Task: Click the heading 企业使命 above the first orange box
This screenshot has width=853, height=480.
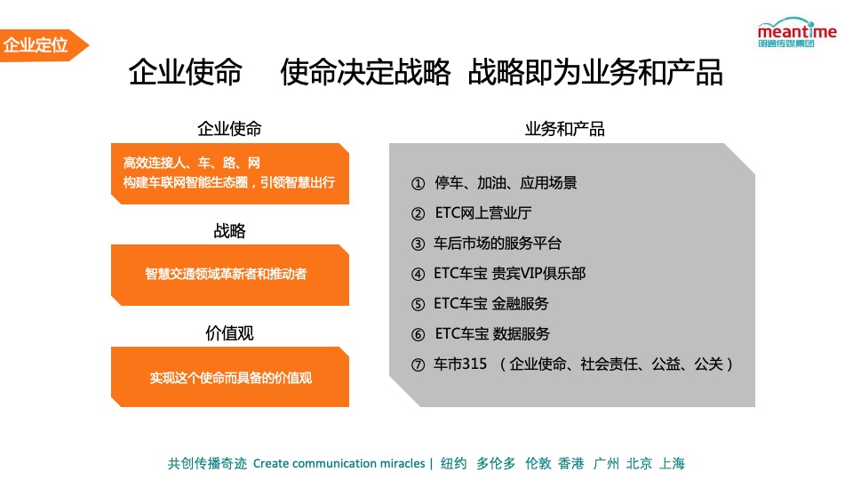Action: click(229, 128)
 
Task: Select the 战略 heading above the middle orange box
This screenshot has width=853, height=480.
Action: click(229, 231)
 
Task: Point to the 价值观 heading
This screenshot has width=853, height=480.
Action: click(229, 333)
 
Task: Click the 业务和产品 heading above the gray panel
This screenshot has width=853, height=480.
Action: click(564, 129)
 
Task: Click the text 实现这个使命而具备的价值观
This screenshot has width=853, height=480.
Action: click(230, 378)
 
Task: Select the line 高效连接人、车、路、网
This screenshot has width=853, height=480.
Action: click(191, 163)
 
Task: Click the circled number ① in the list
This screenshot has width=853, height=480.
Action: click(419, 183)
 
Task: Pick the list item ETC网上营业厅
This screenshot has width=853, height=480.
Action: click(483, 213)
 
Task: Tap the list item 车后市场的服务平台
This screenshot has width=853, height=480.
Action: click(497, 244)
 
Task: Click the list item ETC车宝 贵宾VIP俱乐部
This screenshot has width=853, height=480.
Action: click(509, 274)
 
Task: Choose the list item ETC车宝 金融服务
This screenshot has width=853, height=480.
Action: click(490, 304)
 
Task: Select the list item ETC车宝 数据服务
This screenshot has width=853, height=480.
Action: click(492, 334)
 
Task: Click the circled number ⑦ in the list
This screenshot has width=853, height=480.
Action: click(419, 364)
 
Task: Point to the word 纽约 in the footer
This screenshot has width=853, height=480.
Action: click(453, 463)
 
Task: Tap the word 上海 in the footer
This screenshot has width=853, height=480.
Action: click(673, 463)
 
